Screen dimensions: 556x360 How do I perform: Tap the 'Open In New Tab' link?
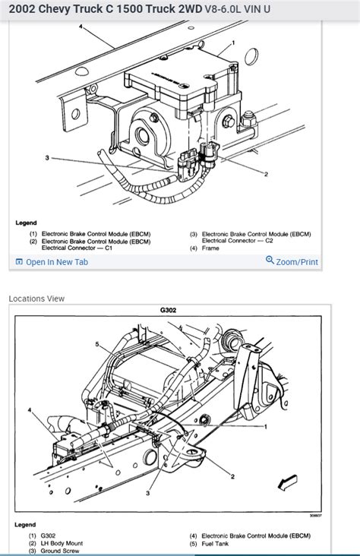57,262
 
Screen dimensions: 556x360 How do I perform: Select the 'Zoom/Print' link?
297,262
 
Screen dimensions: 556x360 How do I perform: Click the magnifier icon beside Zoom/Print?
270,261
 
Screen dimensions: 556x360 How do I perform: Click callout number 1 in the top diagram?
233,43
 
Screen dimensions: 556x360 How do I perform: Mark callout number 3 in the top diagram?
47,157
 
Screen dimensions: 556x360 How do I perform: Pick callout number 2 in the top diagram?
266,174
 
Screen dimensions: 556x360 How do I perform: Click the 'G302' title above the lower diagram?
168,311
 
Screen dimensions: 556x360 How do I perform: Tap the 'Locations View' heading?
36,299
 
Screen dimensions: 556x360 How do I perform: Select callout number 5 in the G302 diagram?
96,344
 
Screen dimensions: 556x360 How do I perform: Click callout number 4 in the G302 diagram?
30,410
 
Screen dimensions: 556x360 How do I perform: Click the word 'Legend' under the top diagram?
26,223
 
